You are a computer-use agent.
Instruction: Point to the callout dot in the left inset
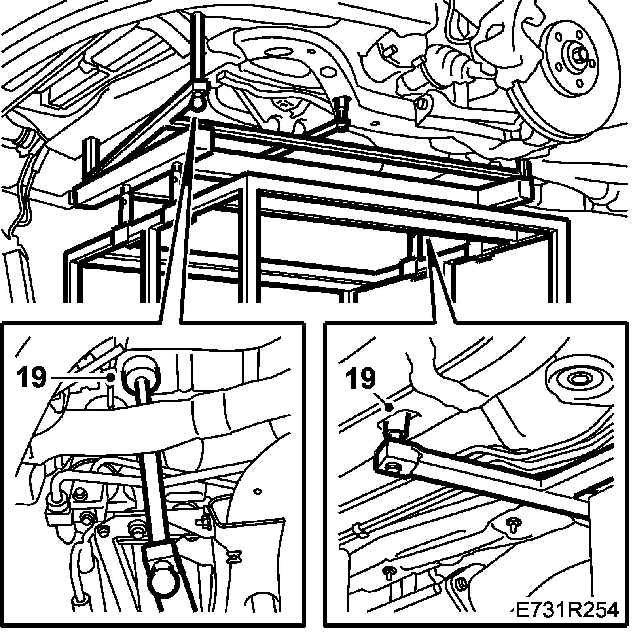point(112,377)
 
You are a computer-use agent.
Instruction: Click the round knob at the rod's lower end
point(163,581)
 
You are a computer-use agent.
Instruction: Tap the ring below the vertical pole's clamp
point(197,104)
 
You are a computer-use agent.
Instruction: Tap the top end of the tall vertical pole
point(198,16)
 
